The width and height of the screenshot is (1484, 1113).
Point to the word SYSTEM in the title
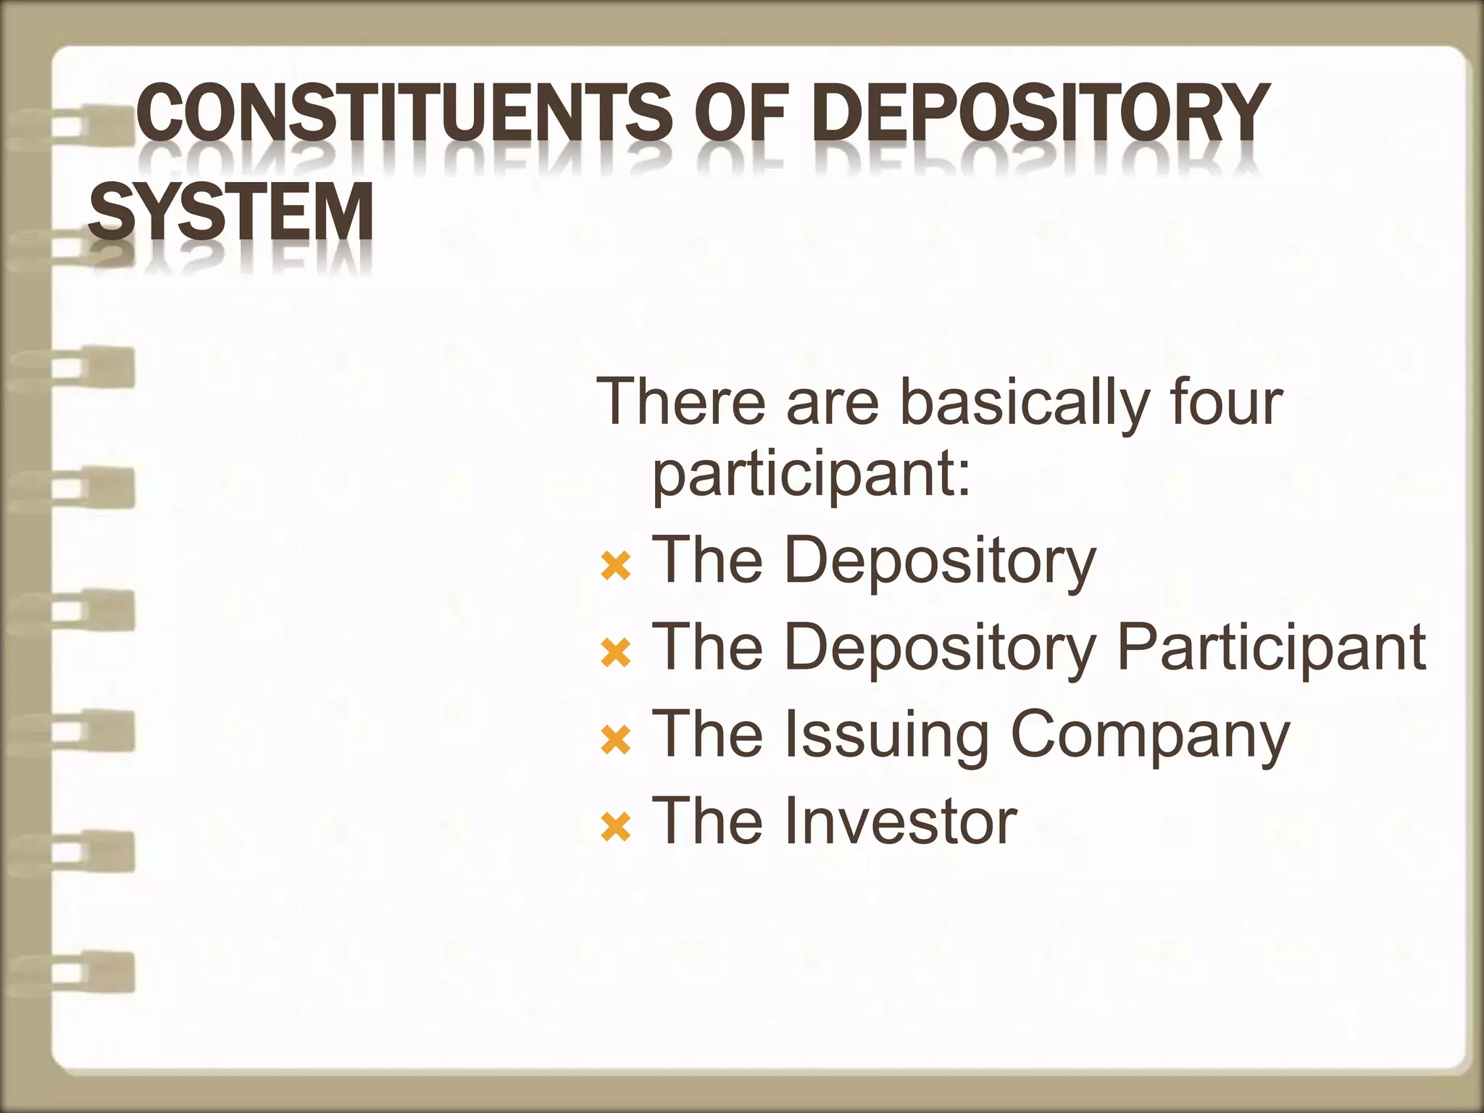click(x=230, y=212)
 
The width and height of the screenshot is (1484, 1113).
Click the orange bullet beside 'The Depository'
click(x=616, y=566)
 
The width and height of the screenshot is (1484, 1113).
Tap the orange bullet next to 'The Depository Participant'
click(x=616, y=653)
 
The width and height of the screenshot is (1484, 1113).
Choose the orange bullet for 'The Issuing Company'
click(x=616, y=741)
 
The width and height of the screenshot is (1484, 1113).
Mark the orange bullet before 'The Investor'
click(x=616, y=827)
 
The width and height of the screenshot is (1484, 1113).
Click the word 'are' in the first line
click(x=833, y=404)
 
